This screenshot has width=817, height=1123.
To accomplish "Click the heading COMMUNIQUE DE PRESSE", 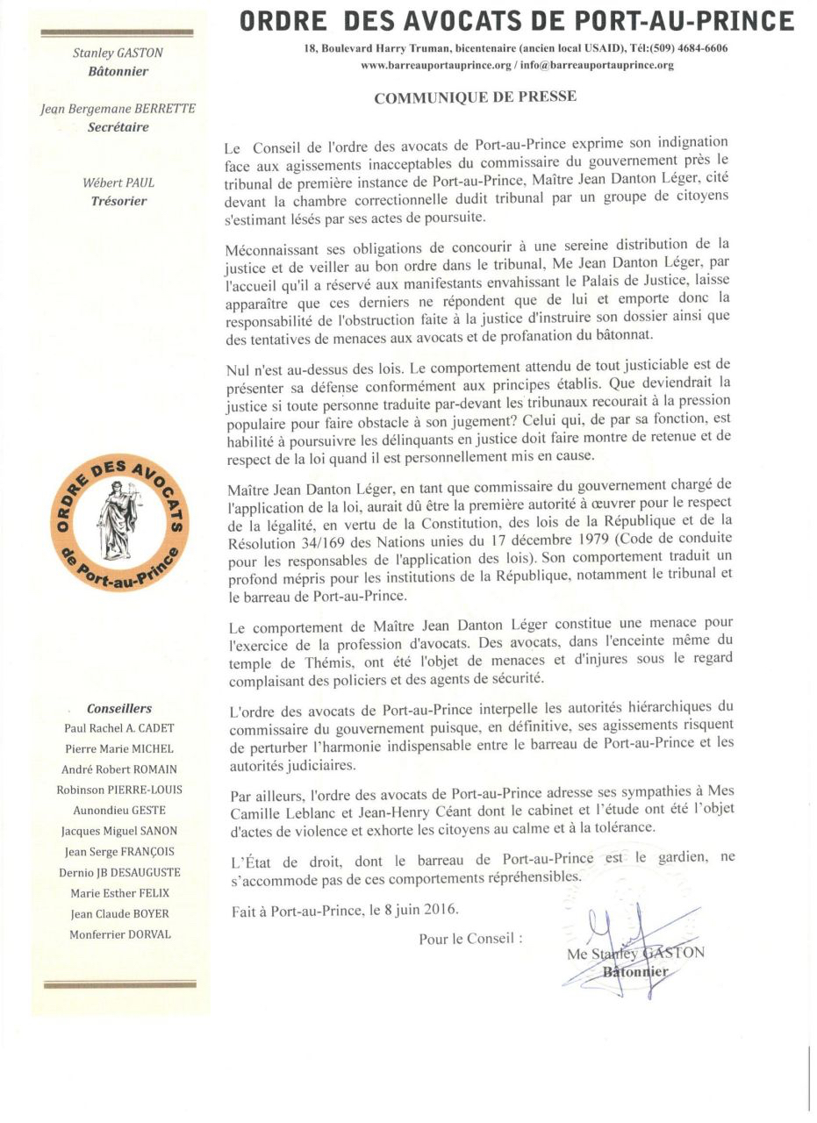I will [476, 97].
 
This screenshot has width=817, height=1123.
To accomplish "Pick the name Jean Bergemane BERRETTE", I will [118, 109].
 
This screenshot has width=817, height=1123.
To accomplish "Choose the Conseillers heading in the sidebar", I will [119, 708].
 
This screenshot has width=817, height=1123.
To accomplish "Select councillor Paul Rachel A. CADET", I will [119, 728].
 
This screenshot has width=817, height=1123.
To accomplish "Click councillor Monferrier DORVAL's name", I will [120, 934].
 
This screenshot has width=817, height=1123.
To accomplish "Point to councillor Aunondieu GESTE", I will [120, 811].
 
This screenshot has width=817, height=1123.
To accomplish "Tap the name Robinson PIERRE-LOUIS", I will [120, 790].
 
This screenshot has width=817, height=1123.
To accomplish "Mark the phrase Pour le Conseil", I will [470, 939].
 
